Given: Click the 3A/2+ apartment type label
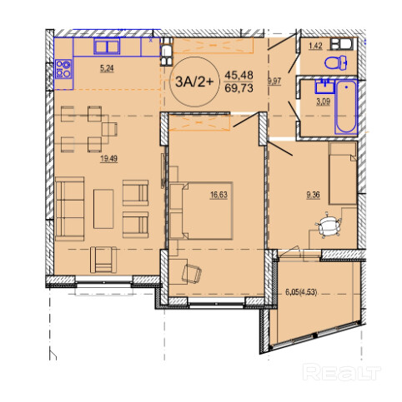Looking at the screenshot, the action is point(194,82).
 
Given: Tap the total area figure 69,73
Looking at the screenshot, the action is point(239,88).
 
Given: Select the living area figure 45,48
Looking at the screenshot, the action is point(239,75).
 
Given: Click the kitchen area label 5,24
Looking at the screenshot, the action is point(107,68).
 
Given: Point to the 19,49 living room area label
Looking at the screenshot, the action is point(108,159).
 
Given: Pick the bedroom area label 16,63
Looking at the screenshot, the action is point(219,195).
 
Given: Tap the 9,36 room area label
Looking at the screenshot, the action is point(313,195).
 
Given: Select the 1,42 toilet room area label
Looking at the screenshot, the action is point(315,46).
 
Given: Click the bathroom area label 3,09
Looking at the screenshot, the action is point(323,102).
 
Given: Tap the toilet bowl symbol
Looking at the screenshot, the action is point(336,63).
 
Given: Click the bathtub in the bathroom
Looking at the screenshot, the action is point(346,107).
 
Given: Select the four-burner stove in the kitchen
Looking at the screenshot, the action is point(63,69).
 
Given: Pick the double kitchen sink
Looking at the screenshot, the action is point(107,47).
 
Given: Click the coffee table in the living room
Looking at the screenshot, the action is point(103,209).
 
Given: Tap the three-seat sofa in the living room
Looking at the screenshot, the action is point(69,209).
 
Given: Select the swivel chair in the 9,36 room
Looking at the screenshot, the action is point(329,225).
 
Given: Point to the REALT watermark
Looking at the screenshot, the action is point(342,372).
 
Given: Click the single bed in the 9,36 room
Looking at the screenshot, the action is point(343,173).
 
